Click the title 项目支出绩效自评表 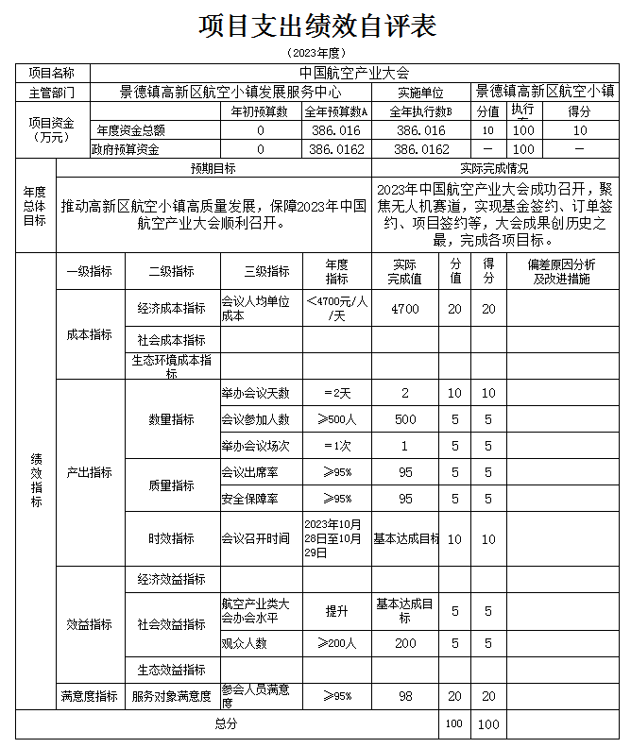tap(316, 26)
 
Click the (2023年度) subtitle tap(316, 53)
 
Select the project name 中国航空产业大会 tap(354, 73)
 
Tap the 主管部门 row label tap(52, 93)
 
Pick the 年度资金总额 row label tap(132, 130)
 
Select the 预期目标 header tap(213, 168)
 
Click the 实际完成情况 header tap(494, 168)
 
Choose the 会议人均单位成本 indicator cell tap(259, 309)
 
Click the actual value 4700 tap(405, 309)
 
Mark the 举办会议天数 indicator tap(256, 393)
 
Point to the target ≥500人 tap(337, 419)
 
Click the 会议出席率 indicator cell tap(249, 472)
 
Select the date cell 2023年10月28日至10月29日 tap(337, 538)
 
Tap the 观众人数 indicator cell tap(244, 643)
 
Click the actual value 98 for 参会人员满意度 tap(405, 696)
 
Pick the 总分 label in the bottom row tap(226, 723)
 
